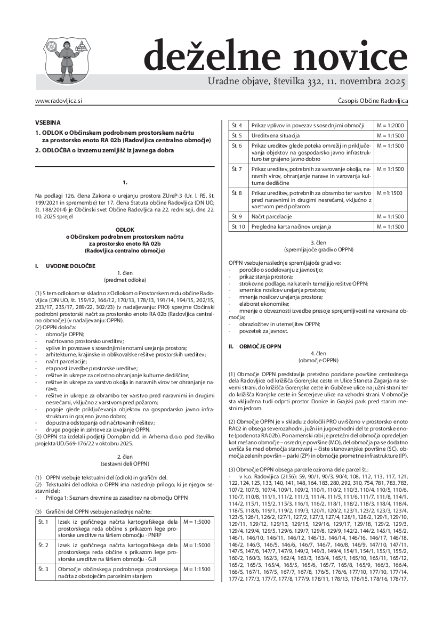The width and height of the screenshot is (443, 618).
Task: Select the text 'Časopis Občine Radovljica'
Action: pyautogui.click(x=373, y=100)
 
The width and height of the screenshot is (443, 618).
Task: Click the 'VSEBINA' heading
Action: pyautogui.click(x=48, y=122)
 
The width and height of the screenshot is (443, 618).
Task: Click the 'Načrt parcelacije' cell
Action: pyautogui.click(x=273, y=216)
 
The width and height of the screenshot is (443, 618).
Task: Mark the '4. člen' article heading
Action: pyautogui.click(x=318, y=353)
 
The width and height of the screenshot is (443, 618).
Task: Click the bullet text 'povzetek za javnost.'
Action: pyautogui.click(x=259, y=331)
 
